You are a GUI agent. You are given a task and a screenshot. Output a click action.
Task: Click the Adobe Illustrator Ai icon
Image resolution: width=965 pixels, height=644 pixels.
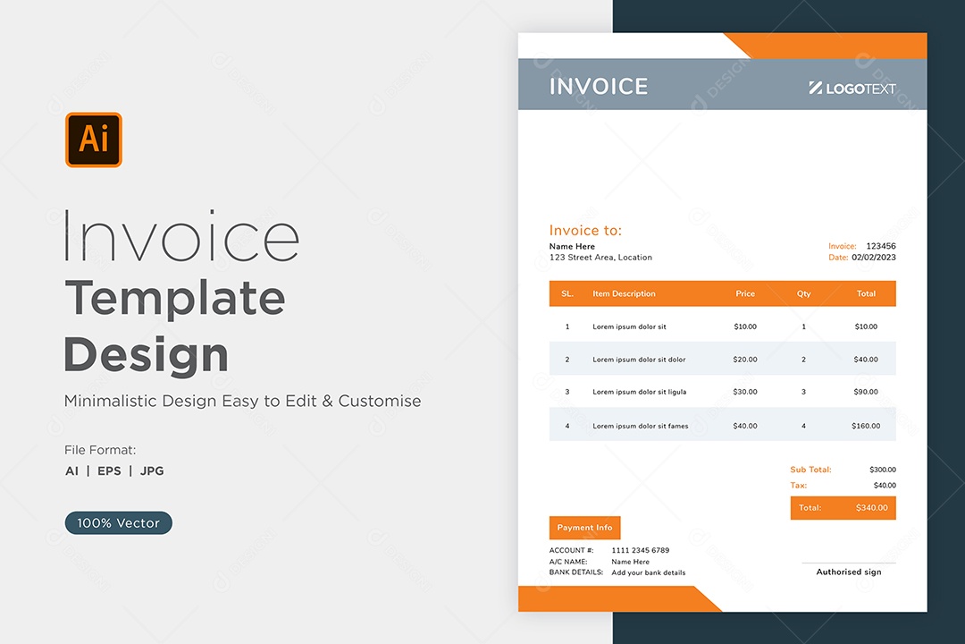[x=94, y=140]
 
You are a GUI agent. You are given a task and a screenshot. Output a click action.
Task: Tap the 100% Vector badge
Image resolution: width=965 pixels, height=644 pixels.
[x=118, y=522]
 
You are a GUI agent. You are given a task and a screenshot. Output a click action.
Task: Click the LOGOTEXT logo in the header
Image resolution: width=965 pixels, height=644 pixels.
[x=852, y=89]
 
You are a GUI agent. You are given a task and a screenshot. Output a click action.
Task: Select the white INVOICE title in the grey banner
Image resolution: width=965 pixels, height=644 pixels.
[x=598, y=86]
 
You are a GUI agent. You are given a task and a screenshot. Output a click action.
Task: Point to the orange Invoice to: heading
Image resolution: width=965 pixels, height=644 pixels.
[x=585, y=230]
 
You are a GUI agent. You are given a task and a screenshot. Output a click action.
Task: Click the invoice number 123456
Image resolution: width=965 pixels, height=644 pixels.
[x=881, y=246]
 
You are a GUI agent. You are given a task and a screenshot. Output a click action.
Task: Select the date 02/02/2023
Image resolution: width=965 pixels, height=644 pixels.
[x=874, y=257]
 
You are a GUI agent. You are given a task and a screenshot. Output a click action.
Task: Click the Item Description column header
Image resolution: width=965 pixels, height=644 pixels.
[x=624, y=293]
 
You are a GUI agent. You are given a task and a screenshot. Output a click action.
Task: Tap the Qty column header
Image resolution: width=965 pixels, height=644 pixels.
[x=804, y=293]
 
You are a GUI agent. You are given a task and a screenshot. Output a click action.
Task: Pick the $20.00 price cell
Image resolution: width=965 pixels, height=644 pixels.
[x=744, y=360]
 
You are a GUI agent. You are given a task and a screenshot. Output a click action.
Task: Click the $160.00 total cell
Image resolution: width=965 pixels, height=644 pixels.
[x=866, y=426]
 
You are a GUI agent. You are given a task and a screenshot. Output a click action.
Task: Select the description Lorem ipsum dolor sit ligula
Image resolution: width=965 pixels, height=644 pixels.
[x=640, y=392]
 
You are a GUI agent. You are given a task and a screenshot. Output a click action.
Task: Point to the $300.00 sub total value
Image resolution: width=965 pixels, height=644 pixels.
[x=883, y=470]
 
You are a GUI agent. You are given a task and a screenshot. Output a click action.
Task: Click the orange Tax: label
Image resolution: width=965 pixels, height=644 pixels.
[x=798, y=485]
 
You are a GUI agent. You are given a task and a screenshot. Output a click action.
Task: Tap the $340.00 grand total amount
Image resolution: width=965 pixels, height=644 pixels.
[x=871, y=508]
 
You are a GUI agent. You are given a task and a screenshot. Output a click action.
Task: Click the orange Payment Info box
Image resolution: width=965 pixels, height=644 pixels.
[x=584, y=528]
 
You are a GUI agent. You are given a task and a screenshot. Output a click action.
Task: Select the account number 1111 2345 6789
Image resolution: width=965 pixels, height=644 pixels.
[x=640, y=550]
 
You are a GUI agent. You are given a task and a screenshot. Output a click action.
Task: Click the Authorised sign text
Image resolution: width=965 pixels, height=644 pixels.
[x=849, y=572]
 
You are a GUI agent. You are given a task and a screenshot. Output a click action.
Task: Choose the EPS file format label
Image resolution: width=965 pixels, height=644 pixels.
[x=110, y=470]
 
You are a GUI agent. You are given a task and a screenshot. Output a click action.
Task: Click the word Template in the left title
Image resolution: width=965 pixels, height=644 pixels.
[x=175, y=298]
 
